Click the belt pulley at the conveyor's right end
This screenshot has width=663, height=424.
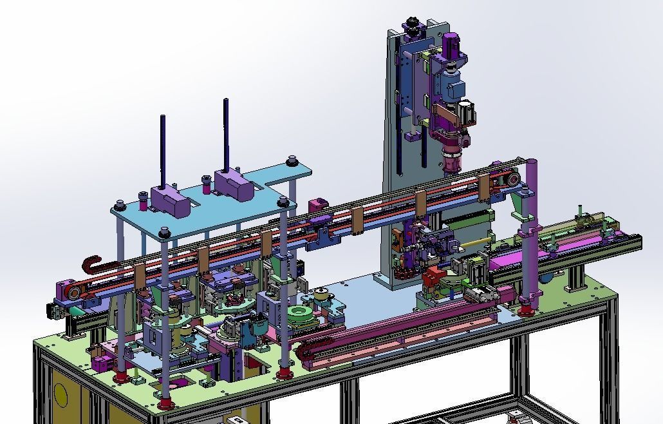click(x=512, y=179)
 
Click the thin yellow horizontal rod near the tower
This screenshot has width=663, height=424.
click(x=476, y=242)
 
